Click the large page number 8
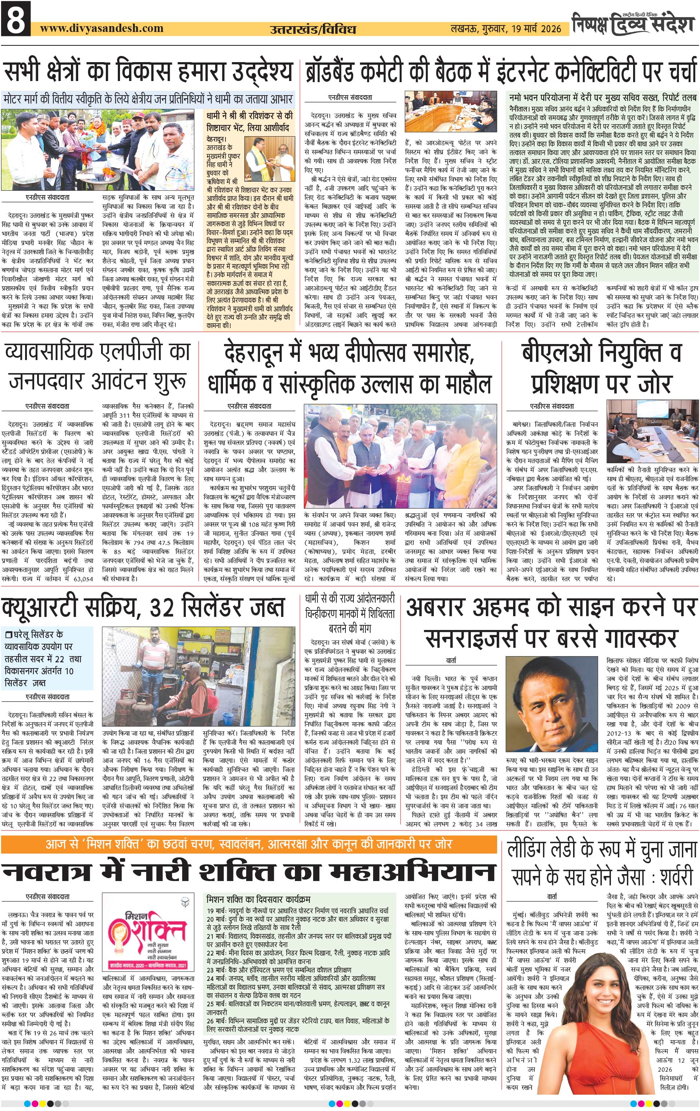coord(16,19)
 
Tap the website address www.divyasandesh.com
coord(101,28)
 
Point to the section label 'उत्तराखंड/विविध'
coord(313,29)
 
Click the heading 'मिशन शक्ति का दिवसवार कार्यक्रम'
coord(258,899)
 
